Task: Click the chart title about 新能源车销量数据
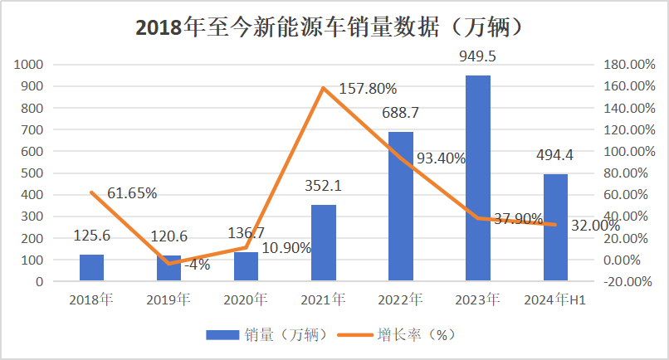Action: pyautogui.click(x=334, y=27)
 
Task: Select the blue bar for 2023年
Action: pyautogui.click(x=477, y=178)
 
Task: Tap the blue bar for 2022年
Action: pyautogui.click(x=400, y=207)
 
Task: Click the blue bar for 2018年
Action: pyautogui.click(x=91, y=268)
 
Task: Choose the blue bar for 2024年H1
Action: pyautogui.click(x=555, y=227)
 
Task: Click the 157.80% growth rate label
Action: pyautogui.click(x=368, y=89)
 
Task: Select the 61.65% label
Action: pyautogui.click(x=132, y=193)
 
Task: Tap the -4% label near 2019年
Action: pyautogui.click(x=197, y=265)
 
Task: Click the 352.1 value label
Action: pyautogui.click(x=324, y=186)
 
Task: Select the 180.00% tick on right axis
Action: pyautogui.click(x=622, y=65)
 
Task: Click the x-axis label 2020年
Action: pyautogui.click(x=247, y=299)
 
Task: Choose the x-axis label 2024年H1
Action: pyautogui.click(x=554, y=299)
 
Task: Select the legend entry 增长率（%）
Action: pyautogui.click(x=416, y=334)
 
